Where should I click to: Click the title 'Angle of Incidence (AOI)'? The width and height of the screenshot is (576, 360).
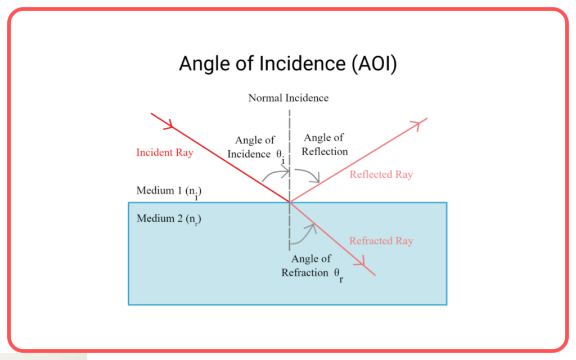point(288,64)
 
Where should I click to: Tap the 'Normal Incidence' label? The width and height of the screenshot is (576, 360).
point(289,98)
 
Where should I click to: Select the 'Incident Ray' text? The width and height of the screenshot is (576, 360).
point(165,152)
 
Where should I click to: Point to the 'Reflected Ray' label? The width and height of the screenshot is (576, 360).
point(381,174)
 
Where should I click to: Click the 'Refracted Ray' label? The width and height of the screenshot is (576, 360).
point(381,241)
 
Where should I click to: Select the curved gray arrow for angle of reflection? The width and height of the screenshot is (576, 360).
point(309,175)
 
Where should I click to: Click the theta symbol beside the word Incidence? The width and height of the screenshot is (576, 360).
point(279,154)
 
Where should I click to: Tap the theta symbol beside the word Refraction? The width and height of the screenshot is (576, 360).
point(337,273)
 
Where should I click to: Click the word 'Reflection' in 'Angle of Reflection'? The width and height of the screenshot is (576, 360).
point(325,152)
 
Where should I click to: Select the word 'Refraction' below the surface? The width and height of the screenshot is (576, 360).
point(305,273)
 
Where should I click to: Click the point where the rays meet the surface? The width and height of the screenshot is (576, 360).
point(290,202)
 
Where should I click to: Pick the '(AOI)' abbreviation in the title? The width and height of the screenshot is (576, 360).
point(374,64)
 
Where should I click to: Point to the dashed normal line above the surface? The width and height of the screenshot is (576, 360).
point(290,156)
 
